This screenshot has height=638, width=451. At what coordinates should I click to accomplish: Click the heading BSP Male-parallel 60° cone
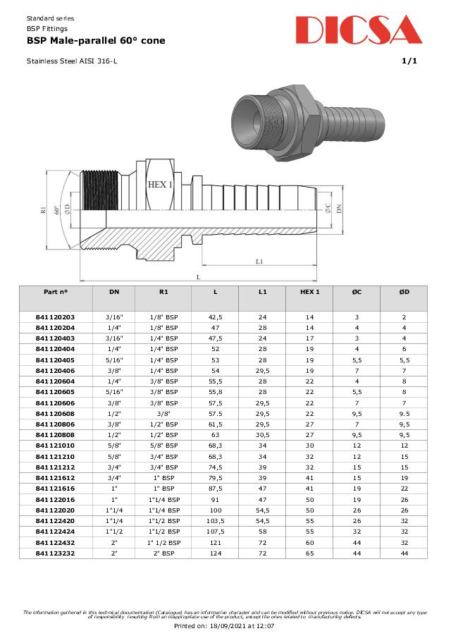tap(96, 41)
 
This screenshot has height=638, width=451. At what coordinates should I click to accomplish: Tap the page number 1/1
tap(409, 61)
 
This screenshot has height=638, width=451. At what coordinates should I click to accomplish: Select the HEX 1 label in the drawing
tap(160, 184)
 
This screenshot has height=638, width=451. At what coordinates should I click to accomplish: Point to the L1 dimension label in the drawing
tap(259, 262)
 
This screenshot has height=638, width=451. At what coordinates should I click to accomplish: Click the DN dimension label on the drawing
tap(339, 208)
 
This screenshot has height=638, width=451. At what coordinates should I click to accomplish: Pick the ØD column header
tap(404, 292)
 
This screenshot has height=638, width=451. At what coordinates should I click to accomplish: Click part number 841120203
tap(55, 317)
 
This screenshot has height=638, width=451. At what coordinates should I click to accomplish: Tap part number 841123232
tap(55, 553)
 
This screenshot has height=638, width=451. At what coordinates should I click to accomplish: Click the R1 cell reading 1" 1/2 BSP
tap(163, 542)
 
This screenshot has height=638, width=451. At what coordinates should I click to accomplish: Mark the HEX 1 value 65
tap(309, 553)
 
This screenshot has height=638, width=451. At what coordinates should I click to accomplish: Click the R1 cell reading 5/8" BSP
tap(163, 446)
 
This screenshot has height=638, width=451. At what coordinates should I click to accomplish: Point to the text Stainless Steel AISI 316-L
tap(72, 61)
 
